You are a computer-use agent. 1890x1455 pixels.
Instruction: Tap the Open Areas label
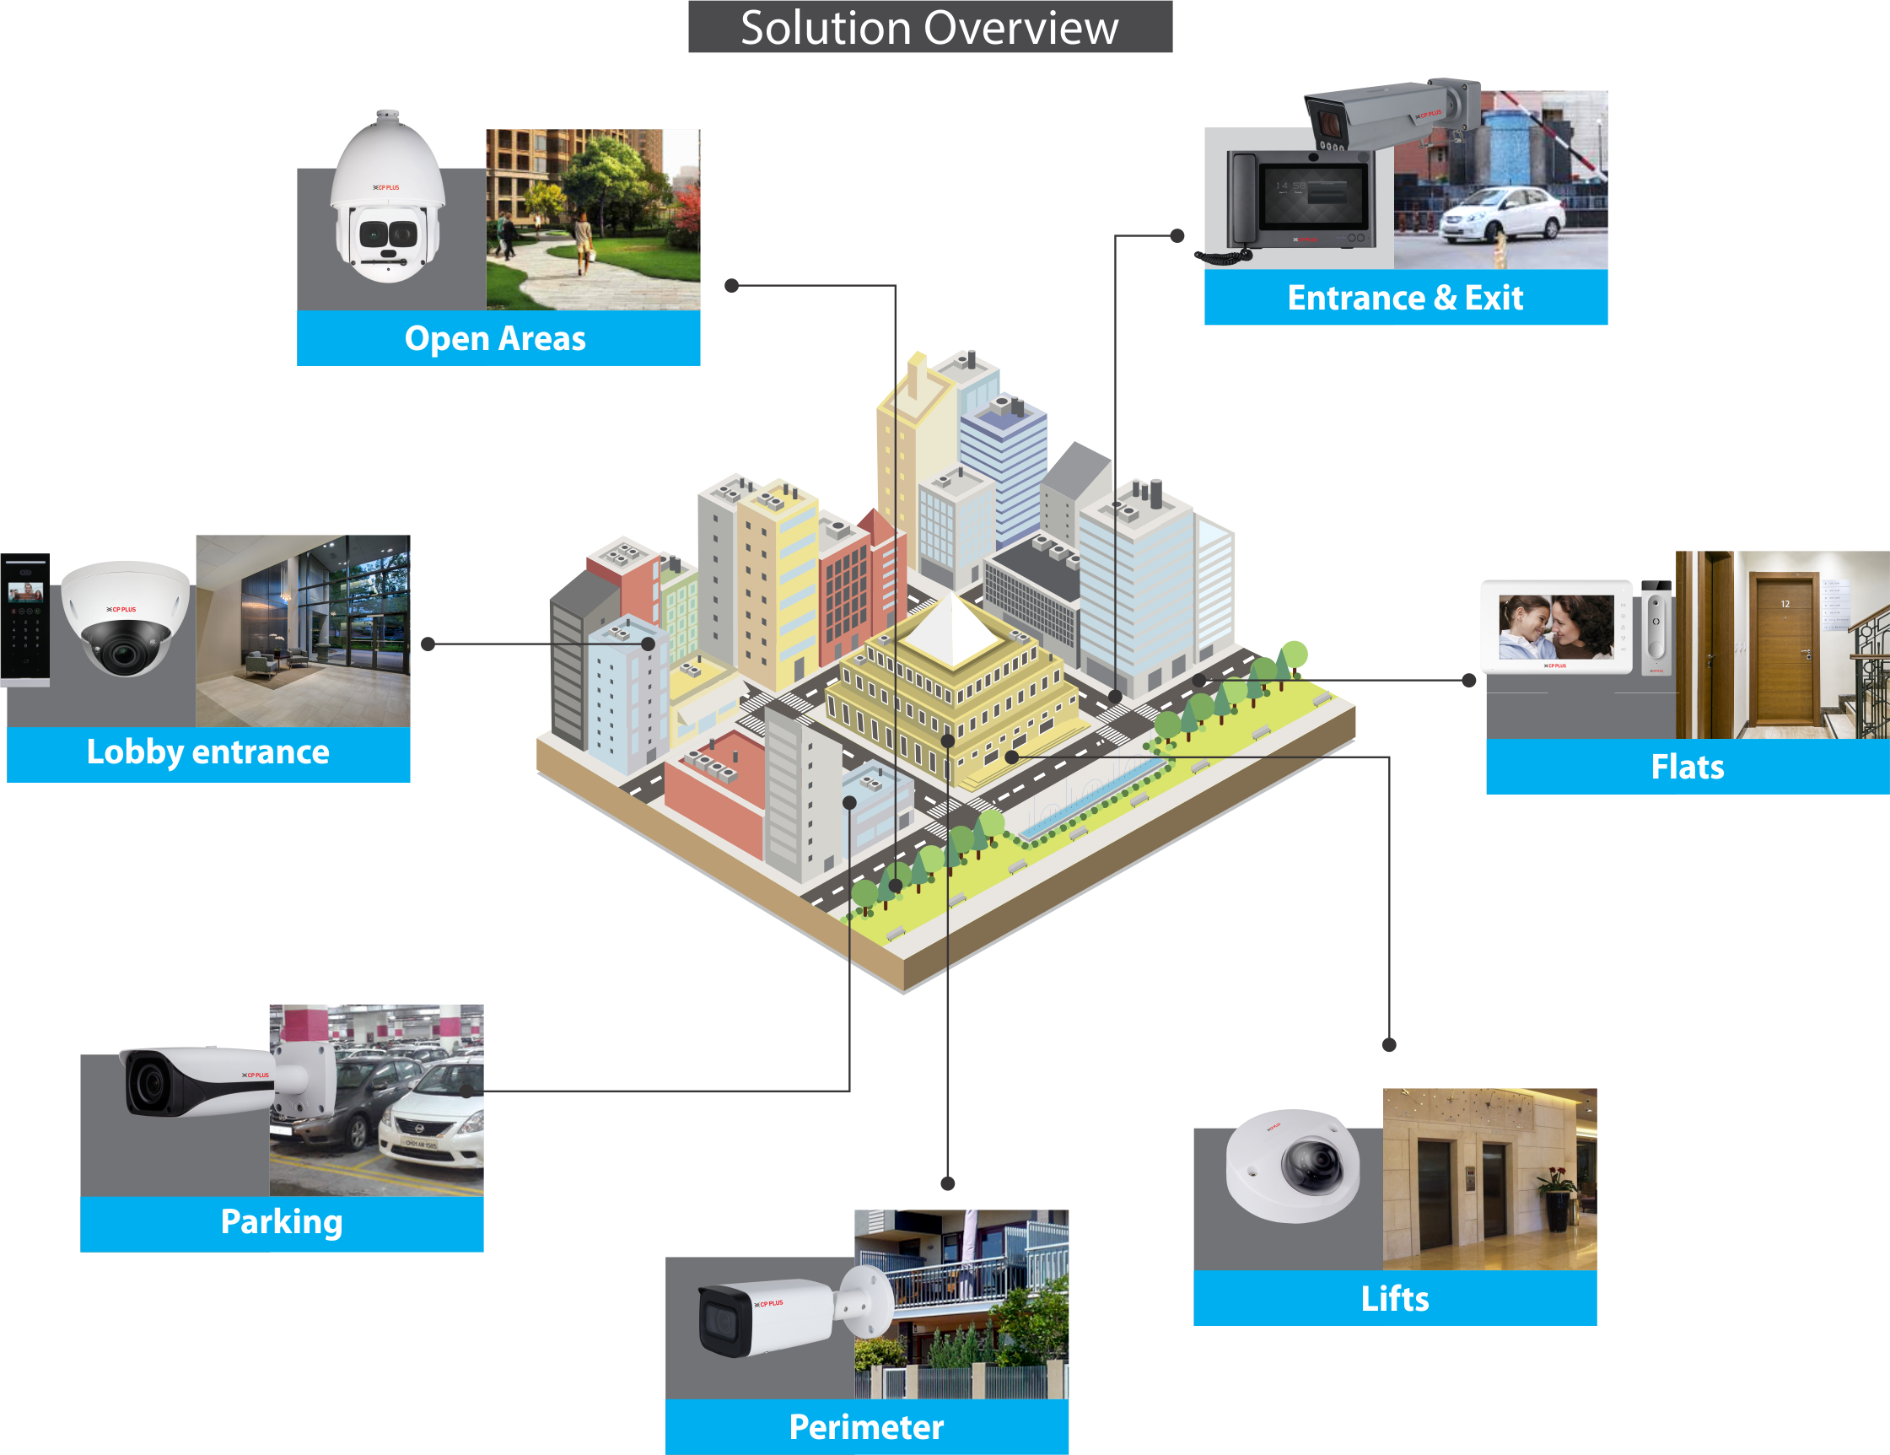[495, 338]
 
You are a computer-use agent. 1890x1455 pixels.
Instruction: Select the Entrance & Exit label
[1404, 298]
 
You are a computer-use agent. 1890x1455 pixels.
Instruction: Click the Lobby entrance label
[207, 752]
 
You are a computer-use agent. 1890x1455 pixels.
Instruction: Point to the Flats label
[1687, 767]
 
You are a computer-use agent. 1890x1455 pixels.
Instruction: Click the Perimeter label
[866, 1426]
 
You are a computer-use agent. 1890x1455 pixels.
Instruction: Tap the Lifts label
[1394, 1298]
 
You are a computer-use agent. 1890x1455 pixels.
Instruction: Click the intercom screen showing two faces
[1555, 627]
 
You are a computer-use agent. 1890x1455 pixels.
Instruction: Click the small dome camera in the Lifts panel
[1294, 1164]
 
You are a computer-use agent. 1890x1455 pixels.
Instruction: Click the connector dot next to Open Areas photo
[731, 286]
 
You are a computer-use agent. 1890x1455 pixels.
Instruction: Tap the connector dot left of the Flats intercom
[1468, 681]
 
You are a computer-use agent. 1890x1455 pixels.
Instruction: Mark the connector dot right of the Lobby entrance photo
[428, 644]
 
